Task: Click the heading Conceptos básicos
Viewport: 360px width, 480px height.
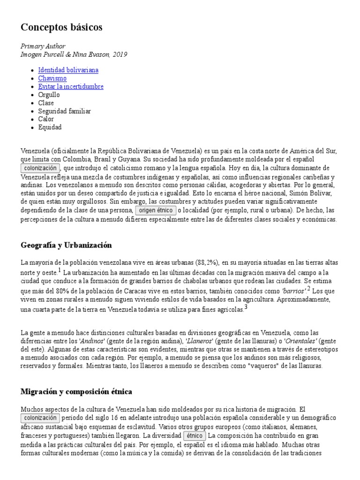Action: pyautogui.click(x=61, y=28)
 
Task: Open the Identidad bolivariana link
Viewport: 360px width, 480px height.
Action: pyautogui.click(x=68, y=70)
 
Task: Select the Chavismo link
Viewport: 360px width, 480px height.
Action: pyautogui.click(x=52, y=78)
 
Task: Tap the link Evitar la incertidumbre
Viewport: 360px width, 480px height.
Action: pyautogui.click(x=71, y=87)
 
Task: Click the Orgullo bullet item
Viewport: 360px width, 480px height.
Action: pyautogui.click(x=49, y=95)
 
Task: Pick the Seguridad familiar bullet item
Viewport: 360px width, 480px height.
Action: pyautogui.click(x=64, y=111)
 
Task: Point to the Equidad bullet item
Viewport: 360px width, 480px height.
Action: pyautogui.click(x=50, y=127)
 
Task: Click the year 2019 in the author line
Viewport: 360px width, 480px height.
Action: pyautogui.click(x=120, y=55)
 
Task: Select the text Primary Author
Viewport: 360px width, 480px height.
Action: pyautogui.click(x=43, y=46)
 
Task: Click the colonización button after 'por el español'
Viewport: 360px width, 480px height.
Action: pyautogui.click(x=40, y=168)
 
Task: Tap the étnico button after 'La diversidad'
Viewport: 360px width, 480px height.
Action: pyautogui.click(x=194, y=436)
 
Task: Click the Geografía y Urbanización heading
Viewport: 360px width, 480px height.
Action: pyautogui.click(x=66, y=245)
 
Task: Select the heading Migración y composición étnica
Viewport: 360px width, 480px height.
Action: pyautogui.click(x=76, y=391)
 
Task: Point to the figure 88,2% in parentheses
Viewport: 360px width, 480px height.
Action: pyautogui.click(x=206, y=262)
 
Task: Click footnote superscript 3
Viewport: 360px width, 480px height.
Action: pyautogui.click(x=246, y=307)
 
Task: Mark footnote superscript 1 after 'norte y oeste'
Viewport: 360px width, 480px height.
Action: pyautogui.click(x=60, y=270)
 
